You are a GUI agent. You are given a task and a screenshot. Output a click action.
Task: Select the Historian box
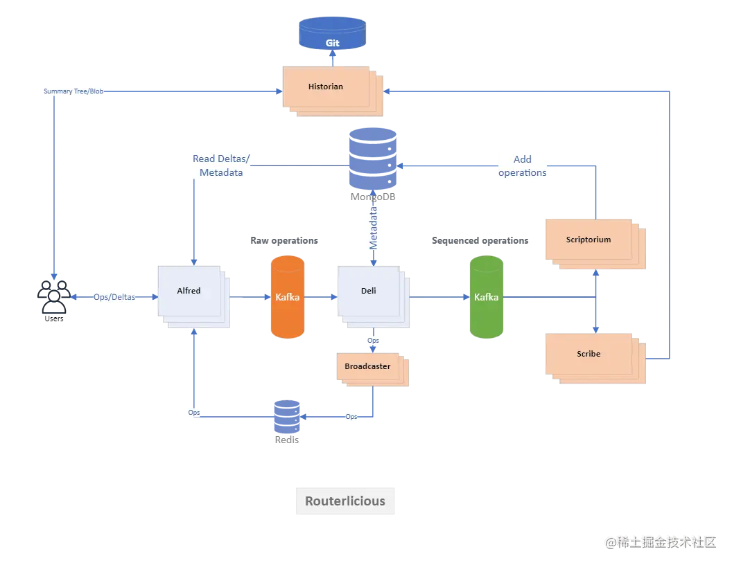(326, 87)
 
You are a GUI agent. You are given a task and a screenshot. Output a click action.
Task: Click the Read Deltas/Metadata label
(221, 165)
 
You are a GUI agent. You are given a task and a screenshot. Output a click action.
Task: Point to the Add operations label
(522, 165)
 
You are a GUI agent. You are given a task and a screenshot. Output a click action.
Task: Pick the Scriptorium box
(589, 240)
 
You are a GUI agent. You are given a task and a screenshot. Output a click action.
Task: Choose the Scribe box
(589, 354)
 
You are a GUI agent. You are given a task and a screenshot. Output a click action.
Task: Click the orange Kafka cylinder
(288, 297)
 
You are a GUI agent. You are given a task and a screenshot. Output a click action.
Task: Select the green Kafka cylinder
(486, 297)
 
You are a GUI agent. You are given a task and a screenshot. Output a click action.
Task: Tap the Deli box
(368, 291)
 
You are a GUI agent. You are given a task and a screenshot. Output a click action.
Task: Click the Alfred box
(189, 291)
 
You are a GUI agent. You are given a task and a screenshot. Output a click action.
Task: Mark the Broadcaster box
(367, 366)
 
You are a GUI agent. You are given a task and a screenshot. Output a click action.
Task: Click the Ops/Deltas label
(115, 297)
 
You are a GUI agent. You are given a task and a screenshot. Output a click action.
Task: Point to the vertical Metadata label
(374, 228)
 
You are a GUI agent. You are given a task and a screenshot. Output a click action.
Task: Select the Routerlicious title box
(345, 501)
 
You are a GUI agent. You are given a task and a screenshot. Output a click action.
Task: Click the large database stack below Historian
(372, 166)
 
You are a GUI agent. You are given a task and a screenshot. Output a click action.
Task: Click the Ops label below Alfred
(194, 413)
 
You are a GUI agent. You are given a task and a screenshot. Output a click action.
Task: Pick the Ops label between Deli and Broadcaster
(374, 341)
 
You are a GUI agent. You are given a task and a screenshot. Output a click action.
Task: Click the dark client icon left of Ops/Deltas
(53, 296)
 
